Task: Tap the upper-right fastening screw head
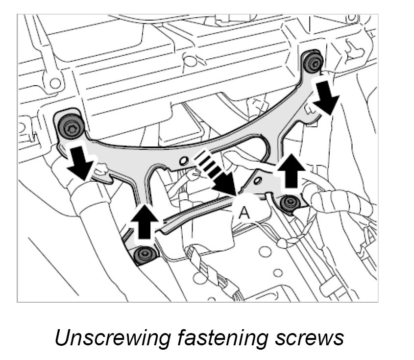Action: point(313,62)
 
